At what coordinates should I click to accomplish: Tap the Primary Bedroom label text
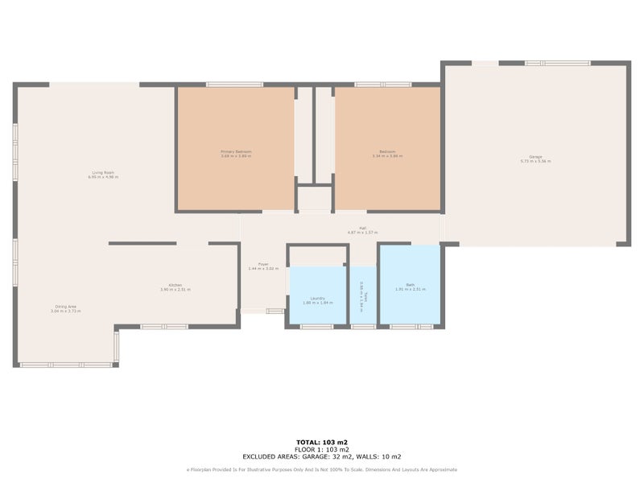pyautogui.click(x=236, y=151)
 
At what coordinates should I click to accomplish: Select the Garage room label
pyautogui.click(x=535, y=157)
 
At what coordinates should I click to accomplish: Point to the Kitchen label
pyautogui.click(x=175, y=285)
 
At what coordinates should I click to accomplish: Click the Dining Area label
pyautogui.click(x=66, y=307)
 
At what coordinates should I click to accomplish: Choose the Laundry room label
pyautogui.click(x=317, y=298)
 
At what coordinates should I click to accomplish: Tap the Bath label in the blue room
pyautogui.click(x=410, y=285)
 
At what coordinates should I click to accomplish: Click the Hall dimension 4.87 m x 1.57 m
pyautogui.click(x=363, y=233)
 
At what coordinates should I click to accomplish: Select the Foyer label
pyautogui.click(x=262, y=265)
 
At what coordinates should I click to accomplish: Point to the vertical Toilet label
pyautogui.click(x=365, y=297)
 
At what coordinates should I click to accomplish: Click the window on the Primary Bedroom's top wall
pyautogui.click(x=234, y=85)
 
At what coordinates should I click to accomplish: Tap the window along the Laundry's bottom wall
pyautogui.click(x=316, y=326)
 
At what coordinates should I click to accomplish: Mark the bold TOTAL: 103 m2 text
pyautogui.click(x=321, y=443)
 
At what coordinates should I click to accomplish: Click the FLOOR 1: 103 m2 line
pyautogui.click(x=321, y=449)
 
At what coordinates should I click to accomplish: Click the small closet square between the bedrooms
pyautogui.click(x=314, y=198)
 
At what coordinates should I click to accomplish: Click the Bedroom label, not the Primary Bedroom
pyautogui.click(x=387, y=151)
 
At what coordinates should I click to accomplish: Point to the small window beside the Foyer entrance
pyautogui.click(x=275, y=311)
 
